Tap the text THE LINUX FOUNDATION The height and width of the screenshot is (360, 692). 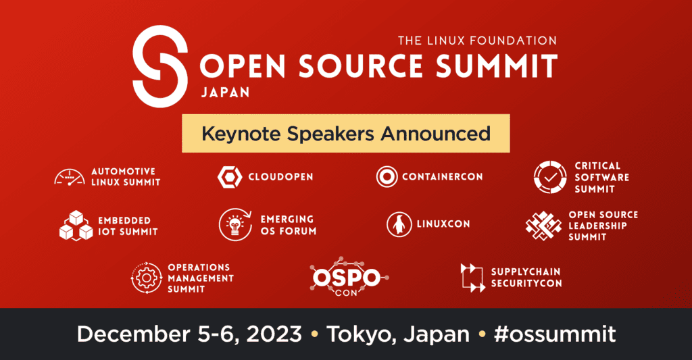[x=477, y=41]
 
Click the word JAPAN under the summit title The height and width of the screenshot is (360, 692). [x=226, y=93]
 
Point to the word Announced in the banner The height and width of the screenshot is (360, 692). [x=436, y=134]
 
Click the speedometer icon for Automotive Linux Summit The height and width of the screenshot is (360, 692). [x=70, y=177]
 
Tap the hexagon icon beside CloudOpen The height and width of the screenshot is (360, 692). [x=230, y=177]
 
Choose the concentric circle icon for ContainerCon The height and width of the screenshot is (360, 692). [x=387, y=176]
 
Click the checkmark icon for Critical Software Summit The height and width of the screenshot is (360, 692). [x=550, y=178]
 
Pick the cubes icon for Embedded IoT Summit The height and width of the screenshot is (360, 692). [x=76, y=226]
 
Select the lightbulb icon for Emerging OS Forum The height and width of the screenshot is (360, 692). [x=235, y=224]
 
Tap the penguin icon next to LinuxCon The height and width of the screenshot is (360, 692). [x=399, y=224]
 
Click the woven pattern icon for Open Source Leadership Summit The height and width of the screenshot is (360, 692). [x=543, y=226]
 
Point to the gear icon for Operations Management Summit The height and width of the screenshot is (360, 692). [x=147, y=278]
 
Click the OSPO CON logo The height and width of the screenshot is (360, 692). [x=349, y=277]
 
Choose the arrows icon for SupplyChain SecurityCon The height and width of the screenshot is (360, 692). [x=472, y=278]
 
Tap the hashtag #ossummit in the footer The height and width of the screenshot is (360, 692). [x=555, y=334]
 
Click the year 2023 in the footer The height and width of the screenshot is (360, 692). [x=274, y=334]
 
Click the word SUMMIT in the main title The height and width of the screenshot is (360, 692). [x=497, y=67]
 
